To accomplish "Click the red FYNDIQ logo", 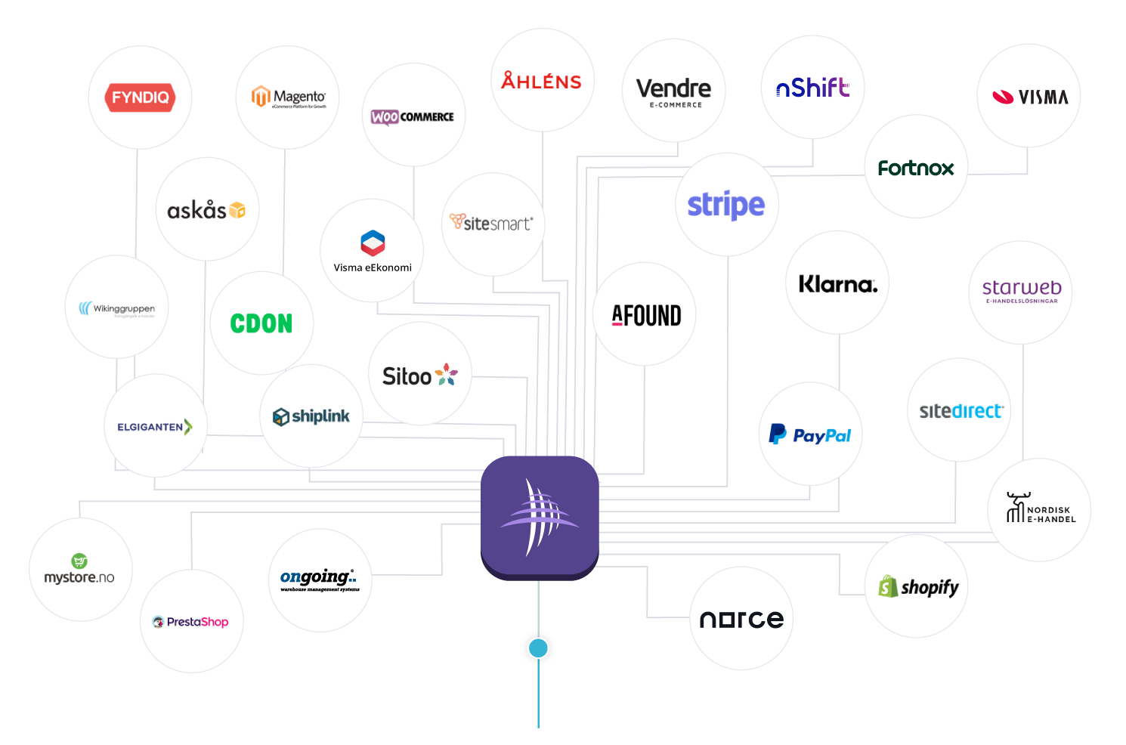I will pyautogui.click(x=141, y=97).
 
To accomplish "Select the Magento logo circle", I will pyautogui.click(x=288, y=97).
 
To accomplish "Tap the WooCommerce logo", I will pyautogui.click(x=413, y=116).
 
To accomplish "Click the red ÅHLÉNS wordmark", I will pyautogui.click(x=542, y=82).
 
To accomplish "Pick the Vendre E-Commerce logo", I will pyautogui.click(x=673, y=91).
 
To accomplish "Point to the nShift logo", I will pyautogui.click(x=812, y=88).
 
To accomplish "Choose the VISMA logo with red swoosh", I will pyautogui.click(x=1029, y=97).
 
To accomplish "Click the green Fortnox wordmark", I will pyautogui.click(x=916, y=168).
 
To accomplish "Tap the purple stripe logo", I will pyautogui.click(x=726, y=205).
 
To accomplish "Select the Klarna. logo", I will pyautogui.click(x=838, y=284).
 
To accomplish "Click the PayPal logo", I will pyautogui.click(x=810, y=435).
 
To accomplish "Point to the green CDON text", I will pyautogui.click(x=261, y=324).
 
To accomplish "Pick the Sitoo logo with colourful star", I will pyautogui.click(x=420, y=375).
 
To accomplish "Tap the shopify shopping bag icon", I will pyautogui.click(x=888, y=586).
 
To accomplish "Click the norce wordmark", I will pyautogui.click(x=741, y=620).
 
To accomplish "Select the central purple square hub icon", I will pyautogui.click(x=540, y=517).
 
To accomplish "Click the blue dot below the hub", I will pyautogui.click(x=538, y=648).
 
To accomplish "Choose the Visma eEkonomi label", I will pyautogui.click(x=373, y=267).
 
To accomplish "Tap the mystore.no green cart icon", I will pyautogui.click(x=79, y=561).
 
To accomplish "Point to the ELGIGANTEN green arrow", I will pyautogui.click(x=188, y=427).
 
